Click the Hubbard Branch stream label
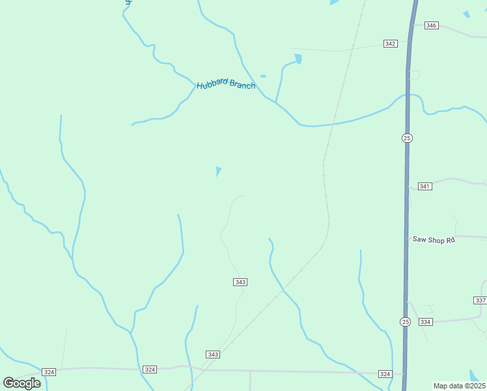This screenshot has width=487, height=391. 226,84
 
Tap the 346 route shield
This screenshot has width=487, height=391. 431,25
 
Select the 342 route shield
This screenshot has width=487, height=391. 390,44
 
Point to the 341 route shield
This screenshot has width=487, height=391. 424,186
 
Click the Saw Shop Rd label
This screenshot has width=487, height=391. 433,240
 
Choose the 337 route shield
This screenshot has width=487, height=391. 480,300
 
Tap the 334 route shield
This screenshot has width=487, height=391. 426,322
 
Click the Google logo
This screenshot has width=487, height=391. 22,383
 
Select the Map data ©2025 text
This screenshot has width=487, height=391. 459,386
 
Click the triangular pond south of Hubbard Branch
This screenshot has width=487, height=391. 218,171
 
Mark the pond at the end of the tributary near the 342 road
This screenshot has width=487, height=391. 298,59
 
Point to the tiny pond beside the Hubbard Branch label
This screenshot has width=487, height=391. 263,76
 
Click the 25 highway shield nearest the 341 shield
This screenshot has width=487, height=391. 407,138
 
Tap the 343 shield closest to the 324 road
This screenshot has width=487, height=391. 213,355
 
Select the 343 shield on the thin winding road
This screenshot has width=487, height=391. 240,282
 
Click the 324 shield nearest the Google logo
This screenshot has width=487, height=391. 49,371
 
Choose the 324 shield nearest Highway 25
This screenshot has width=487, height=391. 385,374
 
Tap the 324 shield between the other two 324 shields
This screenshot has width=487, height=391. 150,369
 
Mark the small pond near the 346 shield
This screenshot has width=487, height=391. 466,14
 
